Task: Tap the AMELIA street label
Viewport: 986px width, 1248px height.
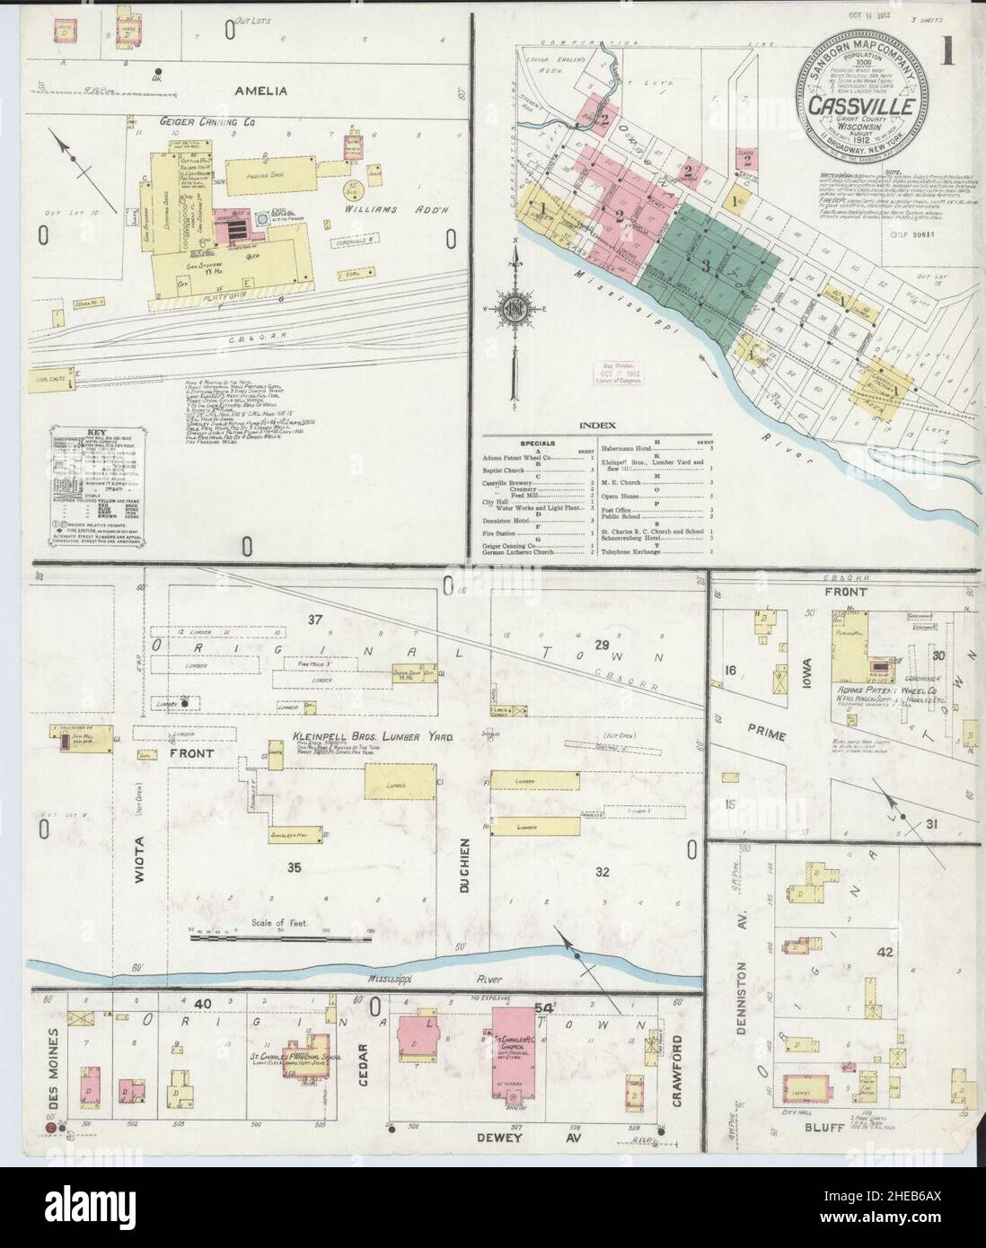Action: [x=260, y=91]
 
